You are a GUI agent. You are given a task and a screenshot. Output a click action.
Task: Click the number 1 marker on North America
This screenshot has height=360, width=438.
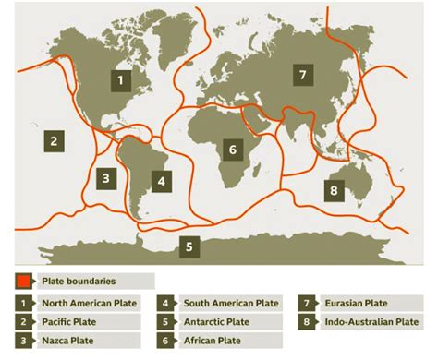tap(119, 79)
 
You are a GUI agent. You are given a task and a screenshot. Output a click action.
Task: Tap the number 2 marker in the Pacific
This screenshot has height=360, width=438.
tap(55, 141)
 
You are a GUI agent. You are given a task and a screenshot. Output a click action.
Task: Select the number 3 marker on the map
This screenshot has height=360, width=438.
tap(106, 178)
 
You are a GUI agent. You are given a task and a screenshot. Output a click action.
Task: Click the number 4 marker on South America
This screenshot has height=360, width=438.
tap(162, 181)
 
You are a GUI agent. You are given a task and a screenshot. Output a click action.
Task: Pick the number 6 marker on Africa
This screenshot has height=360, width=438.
tap(233, 148)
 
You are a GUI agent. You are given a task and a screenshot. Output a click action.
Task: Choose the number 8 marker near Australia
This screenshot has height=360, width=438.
tap(335, 190)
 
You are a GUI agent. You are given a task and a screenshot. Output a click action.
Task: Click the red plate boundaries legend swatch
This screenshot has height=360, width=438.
tap(25, 280)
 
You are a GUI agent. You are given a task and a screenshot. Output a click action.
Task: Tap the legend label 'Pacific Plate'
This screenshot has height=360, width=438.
tap(67, 322)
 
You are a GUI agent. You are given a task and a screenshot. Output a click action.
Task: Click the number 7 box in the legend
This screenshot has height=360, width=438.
tap(307, 302)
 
